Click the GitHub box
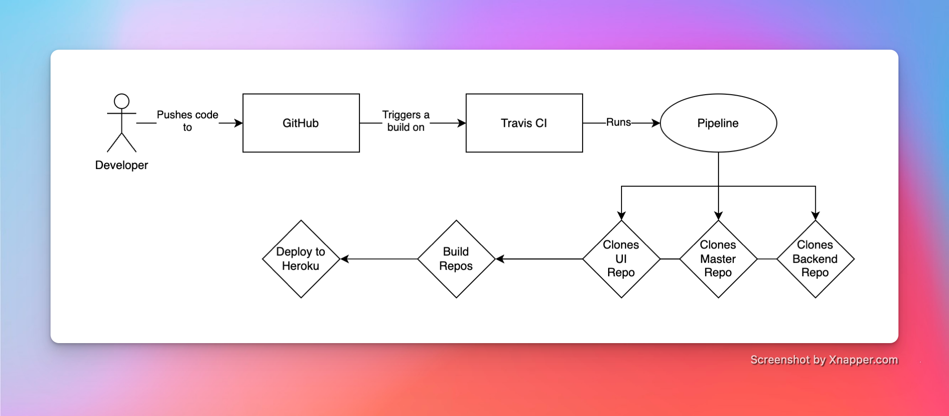click(x=301, y=123)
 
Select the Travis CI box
click(x=524, y=123)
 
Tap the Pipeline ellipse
click(x=718, y=123)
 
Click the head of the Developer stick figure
click(x=122, y=101)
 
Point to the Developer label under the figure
click(x=122, y=165)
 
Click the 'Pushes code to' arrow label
click(x=187, y=121)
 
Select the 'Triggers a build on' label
click(x=406, y=121)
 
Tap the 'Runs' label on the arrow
click(x=618, y=122)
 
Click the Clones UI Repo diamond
click(x=621, y=259)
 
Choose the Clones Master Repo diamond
click(x=718, y=259)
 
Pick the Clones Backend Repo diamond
click(x=815, y=259)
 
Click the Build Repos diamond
click(x=456, y=259)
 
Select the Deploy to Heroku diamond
click(x=301, y=259)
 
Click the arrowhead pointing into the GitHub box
click(x=238, y=123)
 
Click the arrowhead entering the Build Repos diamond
click(x=500, y=259)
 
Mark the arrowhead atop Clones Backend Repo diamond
click(x=815, y=215)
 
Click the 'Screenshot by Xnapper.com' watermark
click(x=824, y=360)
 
